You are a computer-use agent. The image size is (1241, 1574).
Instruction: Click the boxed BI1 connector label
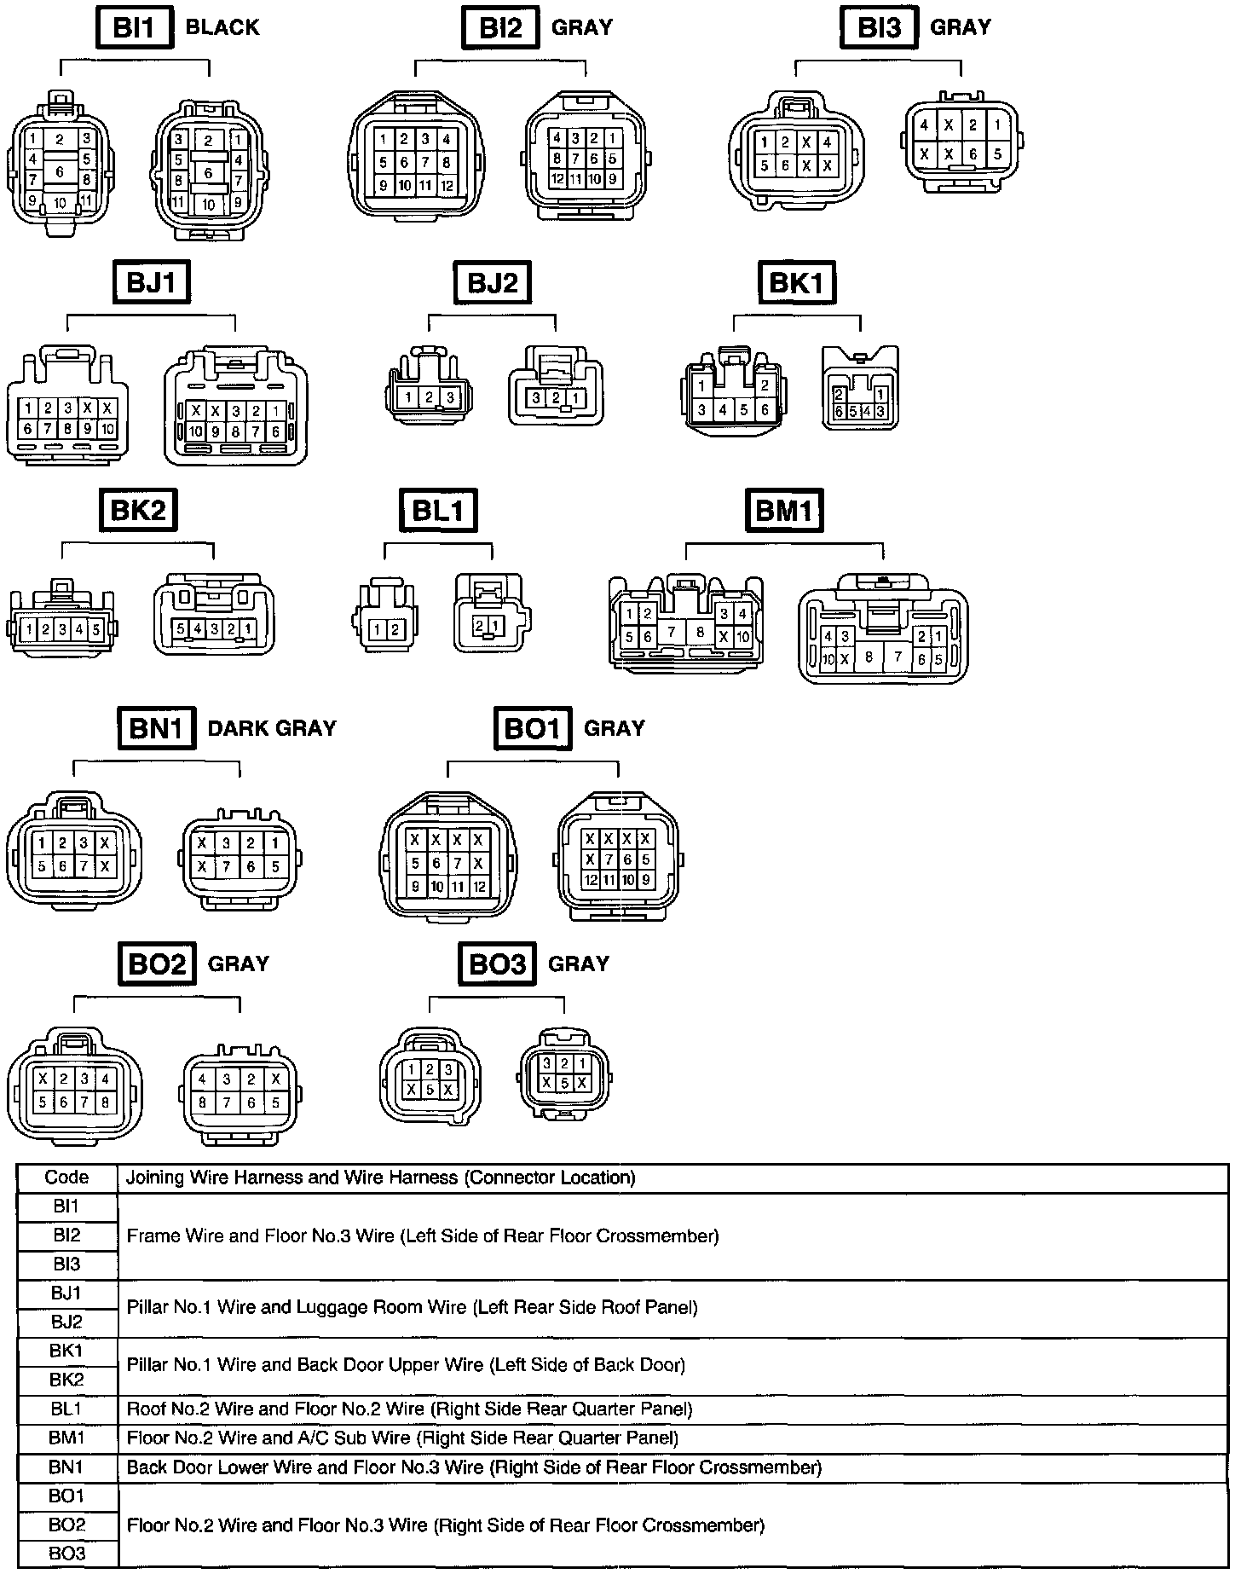point(134,28)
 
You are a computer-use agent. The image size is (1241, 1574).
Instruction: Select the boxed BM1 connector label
point(785,511)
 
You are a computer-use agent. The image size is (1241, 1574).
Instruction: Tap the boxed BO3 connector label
point(498,963)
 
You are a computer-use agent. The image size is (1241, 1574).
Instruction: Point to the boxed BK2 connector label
point(138,510)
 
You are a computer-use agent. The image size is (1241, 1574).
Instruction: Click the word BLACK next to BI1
point(222,27)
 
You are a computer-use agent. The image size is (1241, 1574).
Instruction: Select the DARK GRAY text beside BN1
point(272,728)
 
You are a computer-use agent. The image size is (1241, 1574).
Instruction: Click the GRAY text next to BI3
point(961,27)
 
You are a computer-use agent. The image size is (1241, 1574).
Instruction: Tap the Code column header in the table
point(66,1178)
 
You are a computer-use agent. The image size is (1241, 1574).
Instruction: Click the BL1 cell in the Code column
point(66,1409)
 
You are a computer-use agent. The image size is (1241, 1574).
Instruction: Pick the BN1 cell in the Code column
point(66,1467)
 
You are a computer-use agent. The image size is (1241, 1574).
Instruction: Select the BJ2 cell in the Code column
point(66,1322)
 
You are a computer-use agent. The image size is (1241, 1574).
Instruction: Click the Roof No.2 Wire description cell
point(409,1409)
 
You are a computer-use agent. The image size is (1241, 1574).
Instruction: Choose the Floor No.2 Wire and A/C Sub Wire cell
point(402,1438)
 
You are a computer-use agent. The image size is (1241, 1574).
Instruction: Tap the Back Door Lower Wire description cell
point(474,1467)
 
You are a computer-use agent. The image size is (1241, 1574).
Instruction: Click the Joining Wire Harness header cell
point(380,1178)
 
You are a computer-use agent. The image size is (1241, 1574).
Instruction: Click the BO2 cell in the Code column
point(66,1525)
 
